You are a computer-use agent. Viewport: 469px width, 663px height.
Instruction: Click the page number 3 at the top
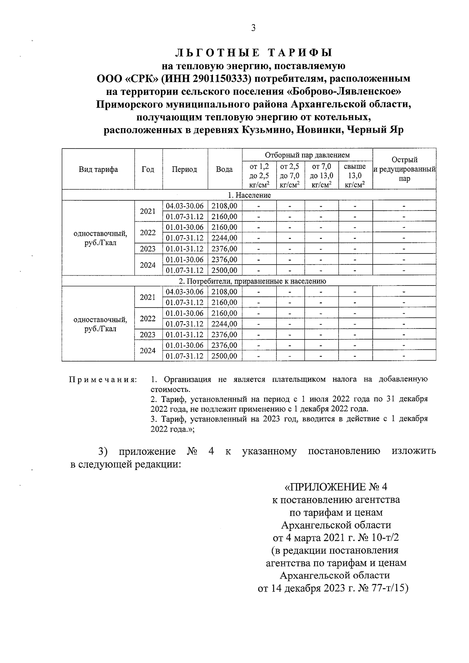click(253, 28)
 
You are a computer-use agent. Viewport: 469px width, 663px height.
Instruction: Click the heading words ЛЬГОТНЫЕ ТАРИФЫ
click(254, 53)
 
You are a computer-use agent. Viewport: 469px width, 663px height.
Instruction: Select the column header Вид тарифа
click(98, 169)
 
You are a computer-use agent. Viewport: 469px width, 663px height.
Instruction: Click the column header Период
click(184, 169)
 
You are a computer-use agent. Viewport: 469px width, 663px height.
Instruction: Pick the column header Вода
click(224, 169)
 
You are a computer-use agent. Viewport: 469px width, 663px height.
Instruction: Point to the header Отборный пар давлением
click(307, 155)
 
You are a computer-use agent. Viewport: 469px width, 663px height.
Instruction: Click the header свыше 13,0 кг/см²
click(355, 175)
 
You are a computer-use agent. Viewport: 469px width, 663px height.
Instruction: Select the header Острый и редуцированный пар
click(404, 169)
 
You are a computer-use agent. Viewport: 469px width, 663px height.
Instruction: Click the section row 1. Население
click(249, 195)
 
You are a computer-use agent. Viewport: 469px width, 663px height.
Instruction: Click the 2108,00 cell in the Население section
click(224, 206)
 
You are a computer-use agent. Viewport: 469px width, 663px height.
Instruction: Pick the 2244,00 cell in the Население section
click(224, 238)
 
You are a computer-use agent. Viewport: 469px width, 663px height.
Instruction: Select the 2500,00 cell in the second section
click(224, 356)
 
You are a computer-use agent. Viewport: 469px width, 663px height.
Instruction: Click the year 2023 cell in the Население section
click(148, 249)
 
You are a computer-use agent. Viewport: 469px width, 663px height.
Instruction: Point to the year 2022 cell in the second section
click(148, 318)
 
